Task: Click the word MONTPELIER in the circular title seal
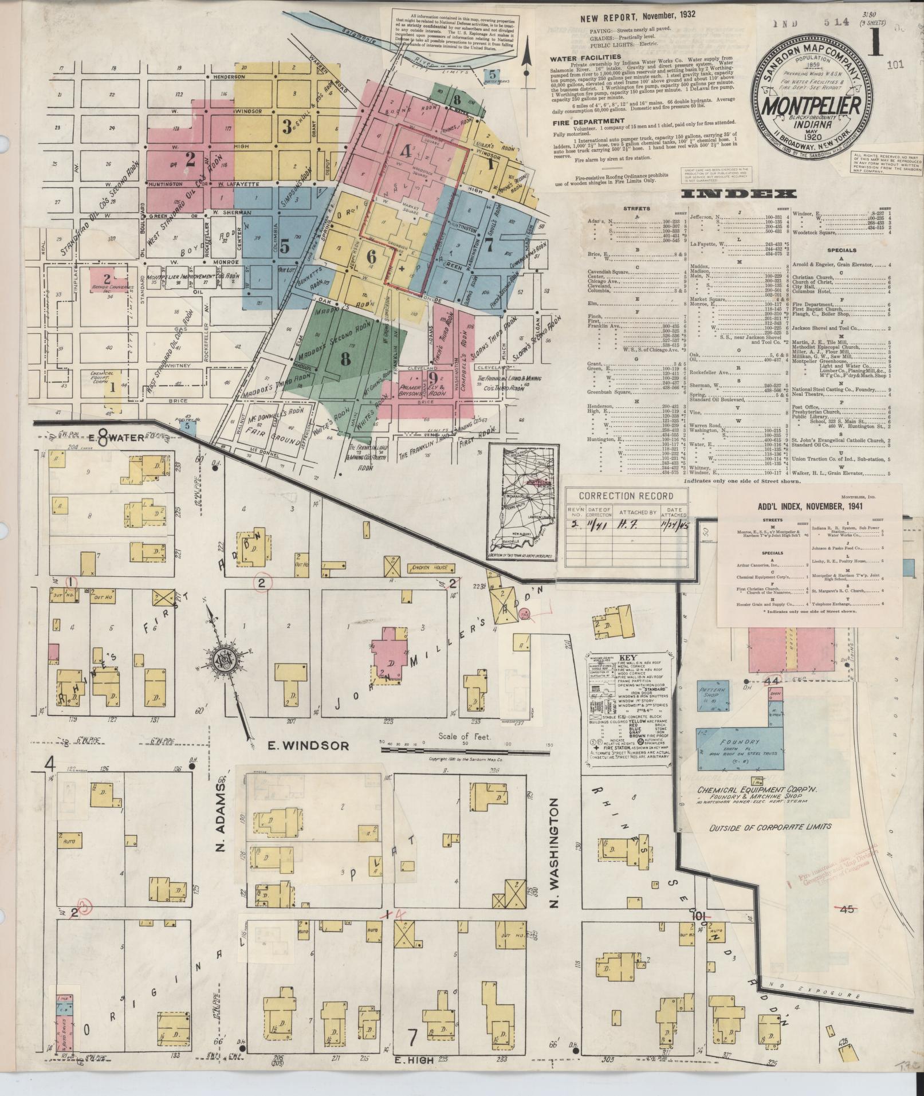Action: point(809,106)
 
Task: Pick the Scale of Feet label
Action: point(464,737)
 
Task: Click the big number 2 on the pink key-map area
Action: point(190,158)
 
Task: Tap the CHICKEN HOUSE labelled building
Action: point(429,568)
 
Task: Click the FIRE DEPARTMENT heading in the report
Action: point(588,121)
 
